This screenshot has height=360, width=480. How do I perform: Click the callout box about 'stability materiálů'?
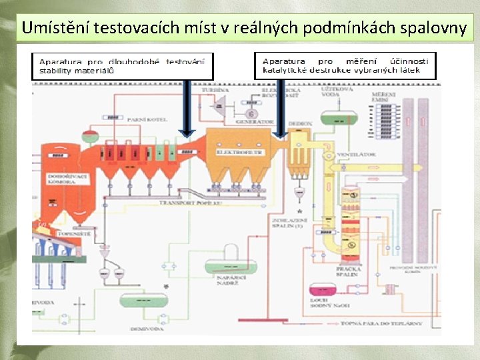[x=123, y=65]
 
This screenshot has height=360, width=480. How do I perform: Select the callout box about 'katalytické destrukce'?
[x=345, y=65]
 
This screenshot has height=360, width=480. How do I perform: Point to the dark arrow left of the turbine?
[x=187, y=110]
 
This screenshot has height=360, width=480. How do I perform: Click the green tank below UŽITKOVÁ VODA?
[x=339, y=117]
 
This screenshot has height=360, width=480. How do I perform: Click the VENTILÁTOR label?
[x=357, y=154]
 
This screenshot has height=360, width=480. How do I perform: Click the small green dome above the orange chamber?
[x=90, y=137]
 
